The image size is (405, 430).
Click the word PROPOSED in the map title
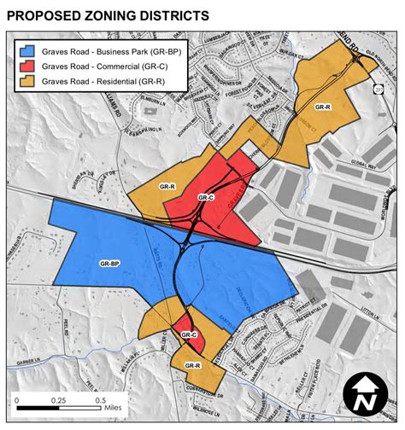point(44,15)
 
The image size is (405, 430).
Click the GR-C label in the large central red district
point(205,197)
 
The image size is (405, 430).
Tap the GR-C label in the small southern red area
point(189,334)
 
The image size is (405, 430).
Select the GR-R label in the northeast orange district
point(321,107)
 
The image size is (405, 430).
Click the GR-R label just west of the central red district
point(167,185)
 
